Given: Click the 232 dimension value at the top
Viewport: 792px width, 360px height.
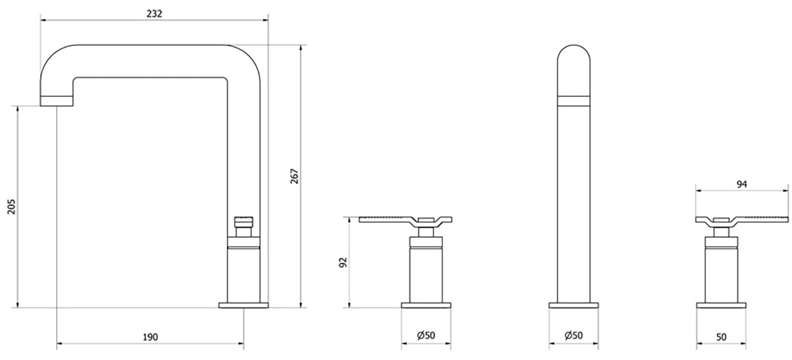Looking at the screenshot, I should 154,13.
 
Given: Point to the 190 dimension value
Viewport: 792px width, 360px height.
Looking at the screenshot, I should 150,337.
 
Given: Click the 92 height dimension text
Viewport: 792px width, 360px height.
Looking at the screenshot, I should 343,262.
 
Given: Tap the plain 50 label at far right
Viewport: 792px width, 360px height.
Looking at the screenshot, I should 720,337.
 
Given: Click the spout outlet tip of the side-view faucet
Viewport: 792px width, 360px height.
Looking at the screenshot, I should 57,100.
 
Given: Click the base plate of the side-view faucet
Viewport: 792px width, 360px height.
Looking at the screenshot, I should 243,305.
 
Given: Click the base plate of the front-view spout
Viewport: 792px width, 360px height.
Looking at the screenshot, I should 574,305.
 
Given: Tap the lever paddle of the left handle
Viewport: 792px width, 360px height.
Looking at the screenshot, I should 384,219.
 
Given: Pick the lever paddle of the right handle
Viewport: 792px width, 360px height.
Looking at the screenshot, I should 763,219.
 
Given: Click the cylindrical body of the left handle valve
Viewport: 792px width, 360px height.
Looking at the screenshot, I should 426,274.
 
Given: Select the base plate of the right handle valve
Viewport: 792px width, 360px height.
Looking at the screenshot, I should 720,305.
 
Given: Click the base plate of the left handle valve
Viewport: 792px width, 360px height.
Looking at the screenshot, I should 426,305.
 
